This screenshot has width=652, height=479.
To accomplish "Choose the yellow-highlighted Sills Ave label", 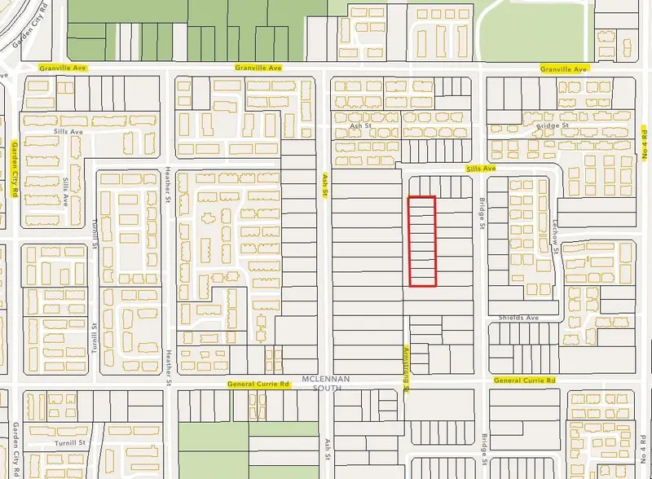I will point(481,169).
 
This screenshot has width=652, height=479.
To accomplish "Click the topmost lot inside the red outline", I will point(422,203).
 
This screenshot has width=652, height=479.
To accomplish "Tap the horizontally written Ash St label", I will point(359,127).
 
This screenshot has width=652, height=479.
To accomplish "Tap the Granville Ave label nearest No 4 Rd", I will point(563,70).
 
